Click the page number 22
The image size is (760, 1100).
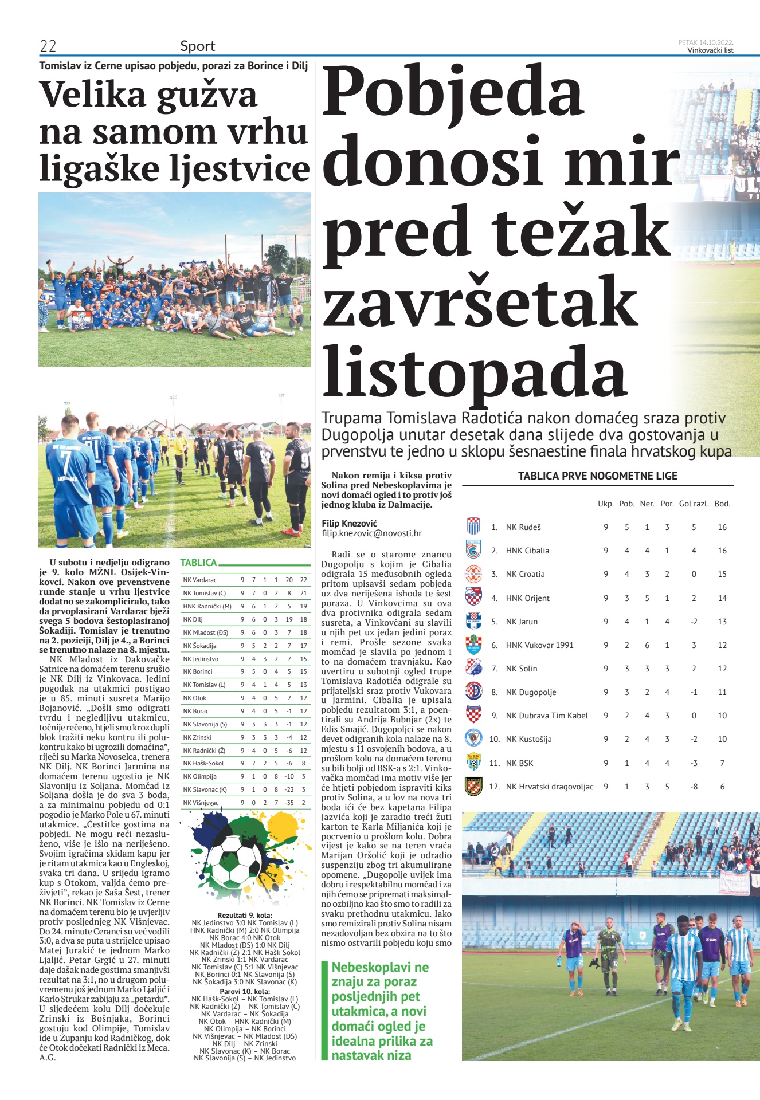click(48, 46)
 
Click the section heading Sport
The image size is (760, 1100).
click(197, 46)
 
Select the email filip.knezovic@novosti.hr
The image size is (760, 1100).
click(371, 533)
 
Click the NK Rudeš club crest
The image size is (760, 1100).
click(473, 526)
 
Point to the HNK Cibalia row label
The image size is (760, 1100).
click(527, 551)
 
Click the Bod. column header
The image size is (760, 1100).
click(722, 504)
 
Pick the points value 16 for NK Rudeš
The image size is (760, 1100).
click(722, 527)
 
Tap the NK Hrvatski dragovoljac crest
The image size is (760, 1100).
click(473, 786)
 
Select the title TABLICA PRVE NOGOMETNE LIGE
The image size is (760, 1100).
click(597, 476)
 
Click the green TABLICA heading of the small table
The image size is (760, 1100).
click(198, 563)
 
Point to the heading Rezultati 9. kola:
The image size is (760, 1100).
click(245, 915)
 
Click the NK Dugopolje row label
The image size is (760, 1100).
click(530, 692)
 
